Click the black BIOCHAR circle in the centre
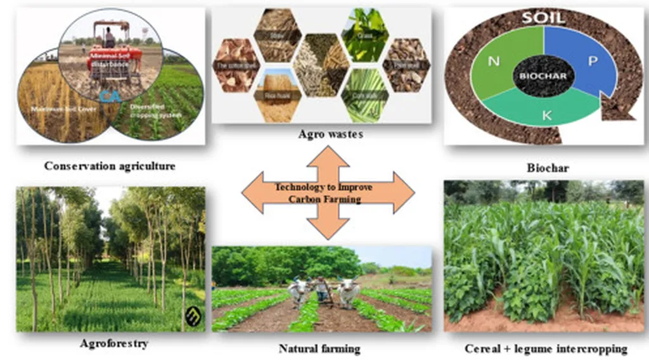click(544, 75)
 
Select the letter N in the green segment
click(494, 63)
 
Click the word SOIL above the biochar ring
click(544, 17)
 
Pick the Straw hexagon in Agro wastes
click(276, 35)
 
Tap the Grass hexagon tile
click(365, 35)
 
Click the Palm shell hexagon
click(407, 65)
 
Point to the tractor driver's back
click(110, 39)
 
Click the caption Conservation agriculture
click(110, 166)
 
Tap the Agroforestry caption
click(114, 344)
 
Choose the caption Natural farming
click(319, 348)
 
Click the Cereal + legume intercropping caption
click(546, 348)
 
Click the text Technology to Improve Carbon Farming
click(324, 193)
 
